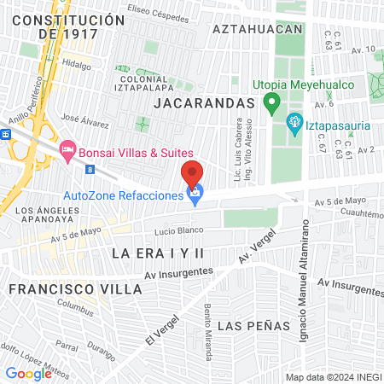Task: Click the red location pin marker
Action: click(192, 173)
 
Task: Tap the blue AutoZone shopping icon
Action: click(195, 195)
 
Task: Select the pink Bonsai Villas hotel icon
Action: click(67, 149)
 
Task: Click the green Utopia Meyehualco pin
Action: click(271, 104)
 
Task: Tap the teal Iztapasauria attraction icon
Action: click(295, 125)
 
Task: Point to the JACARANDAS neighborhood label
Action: click(205, 102)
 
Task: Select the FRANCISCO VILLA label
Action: click(75, 289)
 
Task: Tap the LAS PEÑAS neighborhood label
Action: click(251, 327)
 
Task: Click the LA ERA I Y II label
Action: click(159, 253)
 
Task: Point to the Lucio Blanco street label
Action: click(176, 231)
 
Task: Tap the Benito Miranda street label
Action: click(208, 328)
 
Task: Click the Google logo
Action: click(28, 373)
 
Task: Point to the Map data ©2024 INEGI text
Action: click(332, 376)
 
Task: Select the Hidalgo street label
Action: click(76, 64)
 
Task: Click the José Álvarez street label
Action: click(83, 119)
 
